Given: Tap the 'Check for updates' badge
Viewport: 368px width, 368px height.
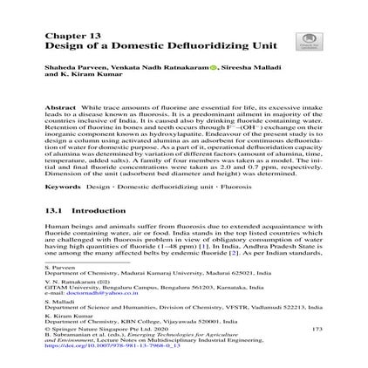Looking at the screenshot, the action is coord(306,40).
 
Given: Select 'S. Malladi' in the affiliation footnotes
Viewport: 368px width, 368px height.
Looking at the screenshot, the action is coord(57,301).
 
